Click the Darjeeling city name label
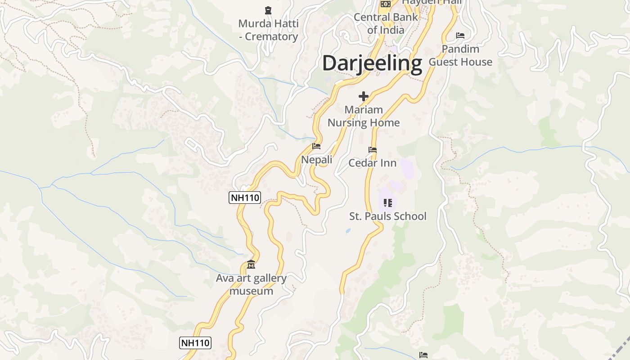[372, 63]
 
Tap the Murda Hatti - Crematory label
[268, 30]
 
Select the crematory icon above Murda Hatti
[268, 10]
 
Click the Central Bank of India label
[386, 24]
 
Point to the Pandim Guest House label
[460, 55]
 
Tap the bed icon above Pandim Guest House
[460, 35]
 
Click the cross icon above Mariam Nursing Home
[364, 96]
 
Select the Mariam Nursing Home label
[364, 116]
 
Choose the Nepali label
[317, 160]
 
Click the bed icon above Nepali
[316, 146]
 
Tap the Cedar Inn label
[373, 163]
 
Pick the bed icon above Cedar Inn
[373, 150]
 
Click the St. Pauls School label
[388, 216]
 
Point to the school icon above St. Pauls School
[388, 203]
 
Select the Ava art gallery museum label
[251, 284]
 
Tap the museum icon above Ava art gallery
[251, 265]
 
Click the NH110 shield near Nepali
[245, 198]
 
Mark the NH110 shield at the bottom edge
[195, 343]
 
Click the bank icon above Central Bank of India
[385, 4]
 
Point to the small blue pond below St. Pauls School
[348, 231]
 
